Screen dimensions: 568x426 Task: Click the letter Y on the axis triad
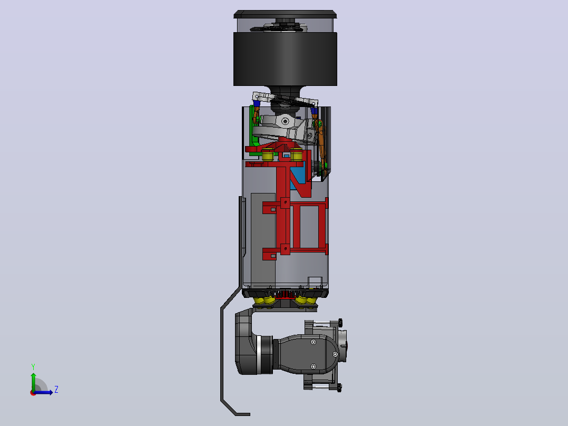coord(33,366)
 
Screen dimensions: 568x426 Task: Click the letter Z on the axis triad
coord(56,390)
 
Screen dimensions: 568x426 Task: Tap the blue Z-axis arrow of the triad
coord(43,392)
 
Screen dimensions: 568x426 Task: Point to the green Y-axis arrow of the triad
coord(33,382)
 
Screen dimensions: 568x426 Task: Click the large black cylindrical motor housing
coord(285,59)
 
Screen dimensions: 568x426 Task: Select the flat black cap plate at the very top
coord(285,15)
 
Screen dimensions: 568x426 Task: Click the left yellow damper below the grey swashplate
coord(267,155)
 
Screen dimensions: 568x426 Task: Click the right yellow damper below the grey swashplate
coord(297,155)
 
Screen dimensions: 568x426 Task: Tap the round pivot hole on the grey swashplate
coord(286,121)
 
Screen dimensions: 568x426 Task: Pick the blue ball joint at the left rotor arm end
coord(257,103)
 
